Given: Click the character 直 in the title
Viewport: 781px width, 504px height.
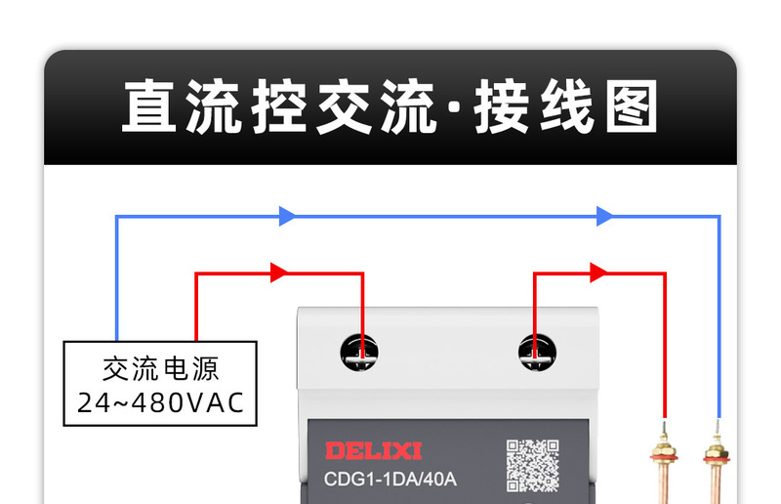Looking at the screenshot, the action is click(153, 107).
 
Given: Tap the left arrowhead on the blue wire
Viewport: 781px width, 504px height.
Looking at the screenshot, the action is click(287, 216).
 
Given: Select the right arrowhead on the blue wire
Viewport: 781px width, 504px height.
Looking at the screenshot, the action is click(605, 216).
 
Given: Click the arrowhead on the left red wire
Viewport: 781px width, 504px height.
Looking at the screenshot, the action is click(279, 273).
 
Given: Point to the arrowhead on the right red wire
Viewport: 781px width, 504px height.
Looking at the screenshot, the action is click(598, 273).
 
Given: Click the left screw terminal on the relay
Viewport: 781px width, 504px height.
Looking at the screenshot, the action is click(359, 352).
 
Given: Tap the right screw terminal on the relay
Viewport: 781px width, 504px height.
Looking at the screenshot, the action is click(536, 352).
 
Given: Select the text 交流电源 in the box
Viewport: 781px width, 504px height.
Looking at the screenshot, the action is click(161, 369).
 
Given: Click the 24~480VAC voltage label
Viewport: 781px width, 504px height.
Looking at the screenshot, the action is click(161, 401).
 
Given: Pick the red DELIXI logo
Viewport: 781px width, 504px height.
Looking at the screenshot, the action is click(373, 450).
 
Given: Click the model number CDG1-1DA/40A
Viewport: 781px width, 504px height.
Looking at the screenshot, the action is click(390, 480).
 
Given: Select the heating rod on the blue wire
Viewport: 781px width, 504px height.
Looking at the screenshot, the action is click(717, 464).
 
